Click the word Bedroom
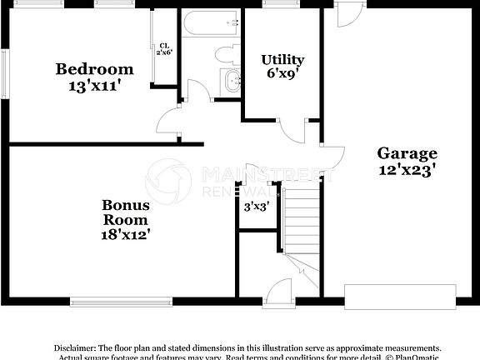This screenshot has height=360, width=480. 94,68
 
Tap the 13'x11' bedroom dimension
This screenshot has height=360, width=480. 94,84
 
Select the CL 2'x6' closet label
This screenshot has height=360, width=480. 164,49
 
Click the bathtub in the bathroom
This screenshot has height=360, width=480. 210,25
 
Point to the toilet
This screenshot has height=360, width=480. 225,55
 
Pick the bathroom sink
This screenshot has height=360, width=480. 230,81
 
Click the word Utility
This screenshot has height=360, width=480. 282,60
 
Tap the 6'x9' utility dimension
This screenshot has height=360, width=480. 282,74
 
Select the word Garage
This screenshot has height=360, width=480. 407,153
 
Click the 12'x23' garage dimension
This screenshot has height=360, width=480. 407,168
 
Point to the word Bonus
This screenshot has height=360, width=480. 126,204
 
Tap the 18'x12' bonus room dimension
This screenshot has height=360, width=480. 126,234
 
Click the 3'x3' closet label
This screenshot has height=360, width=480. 256,207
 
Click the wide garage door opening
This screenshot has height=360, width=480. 400,296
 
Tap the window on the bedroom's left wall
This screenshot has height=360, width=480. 5,72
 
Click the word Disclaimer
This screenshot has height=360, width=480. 75,347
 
